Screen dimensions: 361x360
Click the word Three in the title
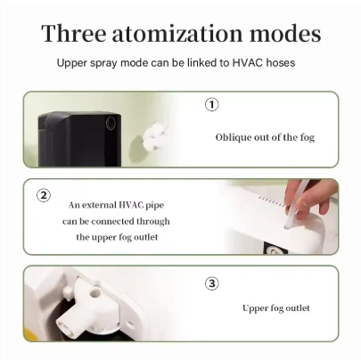pyautogui.click(x=74, y=33)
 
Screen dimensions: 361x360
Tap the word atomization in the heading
pyautogui.click(x=177, y=33)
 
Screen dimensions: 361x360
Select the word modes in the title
pyautogui.click(x=285, y=33)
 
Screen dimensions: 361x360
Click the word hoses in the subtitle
pyautogui.click(x=281, y=63)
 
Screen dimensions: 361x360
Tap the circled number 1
pyautogui.click(x=212, y=105)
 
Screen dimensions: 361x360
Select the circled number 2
pyautogui.click(x=44, y=195)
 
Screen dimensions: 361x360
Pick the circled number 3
pyautogui.click(x=212, y=283)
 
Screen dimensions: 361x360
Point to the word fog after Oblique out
pyautogui.click(x=308, y=138)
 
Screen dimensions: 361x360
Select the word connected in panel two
pyautogui.click(x=112, y=221)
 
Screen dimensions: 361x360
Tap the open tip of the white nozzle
pyautogui.click(x=63, y=323)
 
